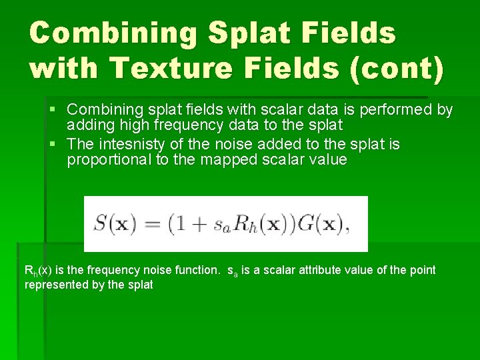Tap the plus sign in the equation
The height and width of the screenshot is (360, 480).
click(198, 225)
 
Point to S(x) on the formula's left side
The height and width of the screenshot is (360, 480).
click(113, 223)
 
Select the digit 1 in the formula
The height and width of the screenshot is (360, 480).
click(179, 223)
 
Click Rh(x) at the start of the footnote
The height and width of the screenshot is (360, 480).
click(36, 271)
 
